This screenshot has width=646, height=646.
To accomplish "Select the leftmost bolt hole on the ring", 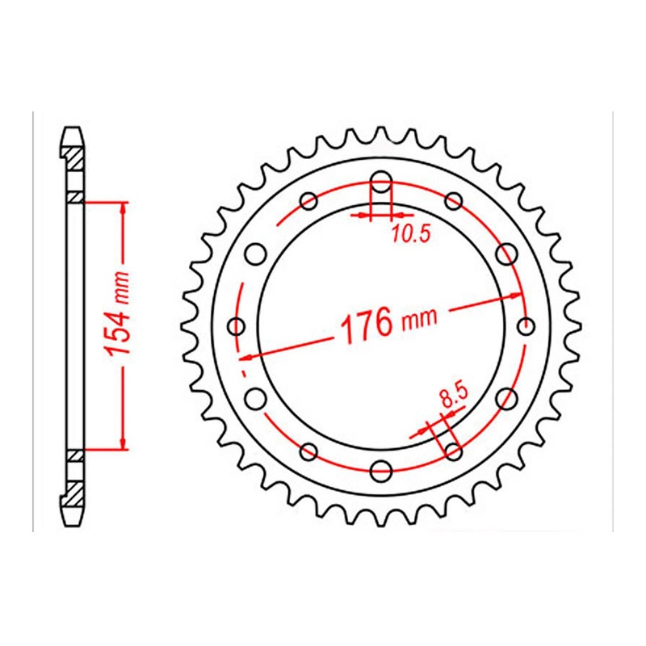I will click(237, 326).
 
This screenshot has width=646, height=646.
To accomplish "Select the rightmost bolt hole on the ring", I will click(526, 326).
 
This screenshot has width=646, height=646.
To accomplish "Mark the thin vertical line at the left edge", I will click(33, 323).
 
